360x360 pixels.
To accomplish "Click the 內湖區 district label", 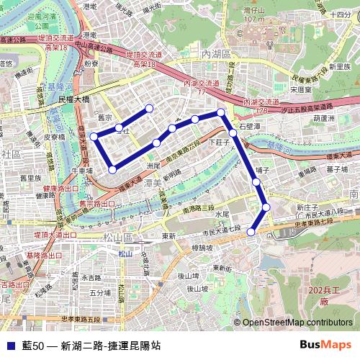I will [x=215, y=54].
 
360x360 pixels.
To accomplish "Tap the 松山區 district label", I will [x=118, y=237].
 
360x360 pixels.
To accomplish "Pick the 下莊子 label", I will [x=218, y=143].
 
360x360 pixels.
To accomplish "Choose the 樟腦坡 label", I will [x=202, y=247].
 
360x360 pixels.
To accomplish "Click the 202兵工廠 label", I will [x=322, y=294].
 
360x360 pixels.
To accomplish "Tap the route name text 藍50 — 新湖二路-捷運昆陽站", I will [x=91, y=346].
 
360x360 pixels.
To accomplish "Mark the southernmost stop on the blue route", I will [x=251, y=232].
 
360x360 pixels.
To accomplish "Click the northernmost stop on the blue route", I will [x=149, y=109].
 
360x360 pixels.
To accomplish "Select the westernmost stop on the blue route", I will [x=93, y=136].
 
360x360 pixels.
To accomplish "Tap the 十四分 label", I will [x=338, y=13].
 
